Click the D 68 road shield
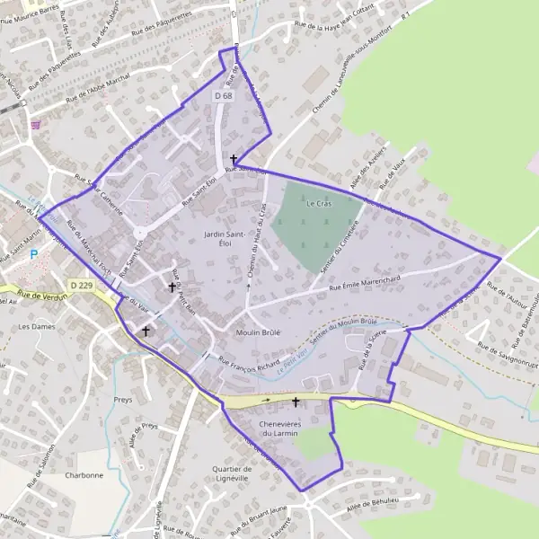(x=224, y=95)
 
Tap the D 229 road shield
(x=81, y=286)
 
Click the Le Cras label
(x=318, y=204)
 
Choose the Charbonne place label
(x=85, y=475)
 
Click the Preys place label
(x=124, y=401)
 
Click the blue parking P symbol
(x=34, y=254)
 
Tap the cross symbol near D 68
(x=234, y=158)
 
